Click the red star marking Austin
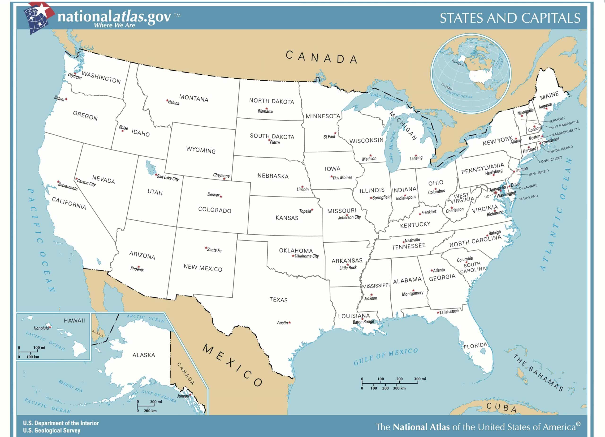(290, 323)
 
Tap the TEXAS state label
(278, 300)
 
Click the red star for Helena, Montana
(167, 101)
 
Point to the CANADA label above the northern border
(321, 57)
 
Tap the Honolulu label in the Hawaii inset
(41, 328)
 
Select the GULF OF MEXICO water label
(386, 357)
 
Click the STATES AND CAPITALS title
(510, 18)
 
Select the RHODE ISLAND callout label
(560, 150)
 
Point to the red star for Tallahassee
(438, 313)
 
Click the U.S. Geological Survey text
(52, 430)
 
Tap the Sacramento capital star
(58, 182)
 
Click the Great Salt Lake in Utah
(151, 167)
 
